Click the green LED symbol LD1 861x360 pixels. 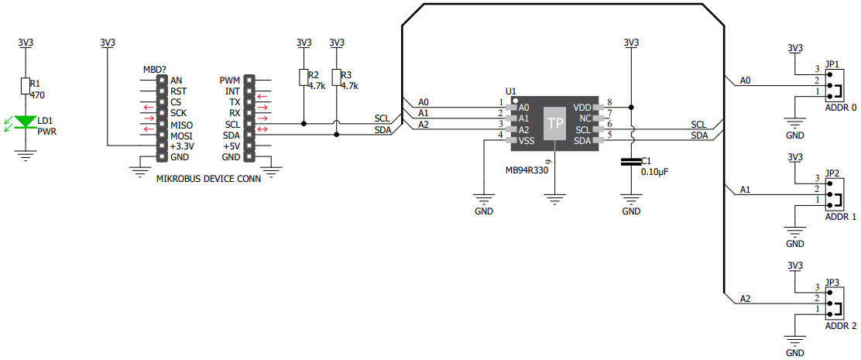pyautogui.click(x=26, y=122)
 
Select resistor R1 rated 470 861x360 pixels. pyautogui.click(x=26, y=85)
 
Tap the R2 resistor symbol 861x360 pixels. pyautogui.click(x=304, y=77)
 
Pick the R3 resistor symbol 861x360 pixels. pyautogui.click(x=336, y=77)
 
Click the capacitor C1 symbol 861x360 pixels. pyautogui.click(x=631, y=162)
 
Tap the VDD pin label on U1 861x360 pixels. pyautogui.click(x=582, y=108)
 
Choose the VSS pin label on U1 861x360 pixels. pyautogui.click(x=526, y=141)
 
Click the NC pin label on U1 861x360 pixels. pyautogui.click(x=585, y=118)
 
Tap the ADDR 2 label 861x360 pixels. pyautogui.click(x=840, y=326)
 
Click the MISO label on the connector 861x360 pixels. pyautogui.click(x=180, y=125)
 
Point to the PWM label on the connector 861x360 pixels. pyautogui.click(x=230, y=80)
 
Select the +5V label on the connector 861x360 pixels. pyautogui.click(x=231, y=146)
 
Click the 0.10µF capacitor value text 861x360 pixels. pyautogui.click(x=654, y=172)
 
